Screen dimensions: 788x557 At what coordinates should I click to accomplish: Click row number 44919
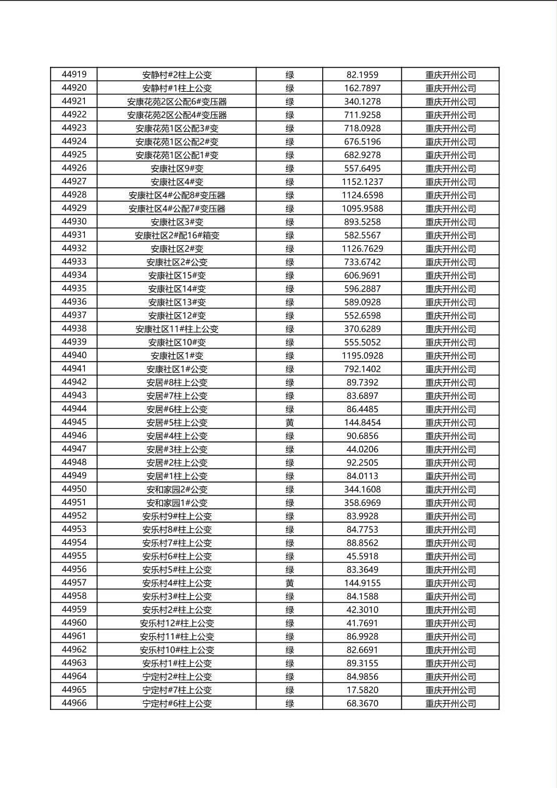coord(74,75)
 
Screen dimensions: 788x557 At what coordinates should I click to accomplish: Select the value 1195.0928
coord(362,356)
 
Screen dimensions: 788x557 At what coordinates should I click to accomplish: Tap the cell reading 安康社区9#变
coord(177,169)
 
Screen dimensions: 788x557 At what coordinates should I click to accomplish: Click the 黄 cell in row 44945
coord(290,423)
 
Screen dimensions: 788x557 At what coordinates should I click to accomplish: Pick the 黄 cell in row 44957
coord(290,583)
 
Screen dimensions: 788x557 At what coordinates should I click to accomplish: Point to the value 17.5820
coord(362,690)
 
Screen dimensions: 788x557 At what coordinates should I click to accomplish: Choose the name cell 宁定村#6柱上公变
coord(177,704)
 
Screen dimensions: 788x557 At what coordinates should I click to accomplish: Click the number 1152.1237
coord(362,182)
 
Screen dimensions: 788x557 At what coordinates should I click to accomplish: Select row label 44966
coord(74,704)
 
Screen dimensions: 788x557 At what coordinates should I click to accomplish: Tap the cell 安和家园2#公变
coord(177,490)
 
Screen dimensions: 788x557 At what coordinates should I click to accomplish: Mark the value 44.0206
coord(362,450)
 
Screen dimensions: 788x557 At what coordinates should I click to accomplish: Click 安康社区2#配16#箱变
coord(177,235)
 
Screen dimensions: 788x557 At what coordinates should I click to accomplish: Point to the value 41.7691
coord(362,623)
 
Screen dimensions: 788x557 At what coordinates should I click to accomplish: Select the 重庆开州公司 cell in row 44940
coord(450,356)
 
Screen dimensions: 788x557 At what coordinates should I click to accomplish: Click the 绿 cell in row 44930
coord(290,222)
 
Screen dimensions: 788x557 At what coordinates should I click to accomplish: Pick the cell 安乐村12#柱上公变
coord(177,623)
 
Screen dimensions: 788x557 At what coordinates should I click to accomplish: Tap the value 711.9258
coord(362,115)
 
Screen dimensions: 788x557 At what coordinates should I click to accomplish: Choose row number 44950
coord(74,490)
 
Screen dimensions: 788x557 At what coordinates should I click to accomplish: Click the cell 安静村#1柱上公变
coord(177,89)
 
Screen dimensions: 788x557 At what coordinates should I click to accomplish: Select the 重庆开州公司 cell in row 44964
coord(450,677)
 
